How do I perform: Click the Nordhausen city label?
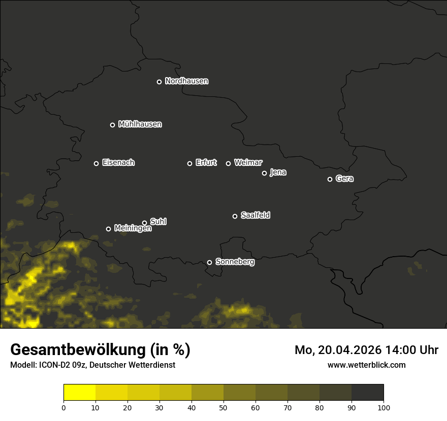tap(186, 81)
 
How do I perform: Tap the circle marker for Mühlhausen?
tap(113, 125)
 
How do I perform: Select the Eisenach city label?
tap(118, 163)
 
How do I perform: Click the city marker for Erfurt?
tap(190, 163)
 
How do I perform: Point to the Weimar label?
tap(248, 163)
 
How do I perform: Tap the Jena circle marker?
tap(264, 173)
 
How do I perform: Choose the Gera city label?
tap(344, 179)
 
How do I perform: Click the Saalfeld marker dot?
tap(235, 216)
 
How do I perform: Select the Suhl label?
tap(158, 222)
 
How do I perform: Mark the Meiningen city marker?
tap(108, 229)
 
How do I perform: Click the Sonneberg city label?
tap(235, 262)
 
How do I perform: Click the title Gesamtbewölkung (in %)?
tap(100, 350)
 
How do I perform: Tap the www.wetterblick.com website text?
tap(367, 365)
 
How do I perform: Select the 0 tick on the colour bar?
tap(63, 407)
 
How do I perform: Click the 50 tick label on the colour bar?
tap(223, 407)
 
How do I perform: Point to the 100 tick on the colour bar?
tap(384, 407)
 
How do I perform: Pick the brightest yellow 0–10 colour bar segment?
tap(79, 393)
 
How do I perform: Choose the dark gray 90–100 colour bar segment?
tap(367, 393)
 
